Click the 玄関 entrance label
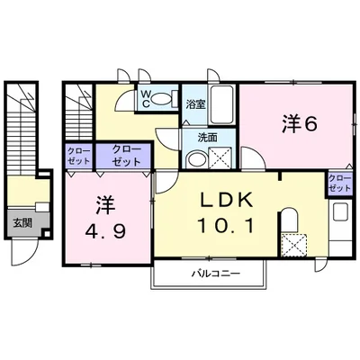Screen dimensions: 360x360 [22, 223]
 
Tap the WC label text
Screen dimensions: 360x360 [146, 99]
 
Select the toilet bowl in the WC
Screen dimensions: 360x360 [161, 99]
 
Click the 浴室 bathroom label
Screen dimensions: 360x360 [195, 104]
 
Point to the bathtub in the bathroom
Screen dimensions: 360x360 [221, 104]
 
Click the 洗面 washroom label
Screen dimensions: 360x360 [207, 138]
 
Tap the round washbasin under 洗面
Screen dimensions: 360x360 [196, 159]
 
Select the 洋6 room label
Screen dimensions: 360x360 [299, 124]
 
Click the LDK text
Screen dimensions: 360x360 [226, 201]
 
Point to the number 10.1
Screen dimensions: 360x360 [226, 226]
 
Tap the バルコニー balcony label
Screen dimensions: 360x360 [216, 274]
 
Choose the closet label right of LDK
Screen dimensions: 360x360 [339, 184]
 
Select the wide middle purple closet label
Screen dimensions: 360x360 [126, 156]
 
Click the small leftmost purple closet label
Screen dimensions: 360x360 [78, 157]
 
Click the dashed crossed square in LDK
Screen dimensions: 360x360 [294, 245]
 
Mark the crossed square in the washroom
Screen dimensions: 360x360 [220, 157]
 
